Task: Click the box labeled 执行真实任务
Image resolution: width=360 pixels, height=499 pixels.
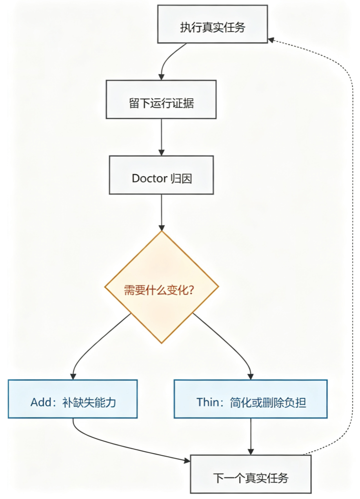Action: click(212, 24)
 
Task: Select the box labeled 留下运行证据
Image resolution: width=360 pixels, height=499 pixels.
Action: click(161, 100)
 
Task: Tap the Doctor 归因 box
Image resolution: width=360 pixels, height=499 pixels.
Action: click(161, 175)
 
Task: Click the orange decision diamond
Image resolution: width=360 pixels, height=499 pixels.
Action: click(161, 287)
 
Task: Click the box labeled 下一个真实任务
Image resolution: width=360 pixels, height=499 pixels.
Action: click(251, 474)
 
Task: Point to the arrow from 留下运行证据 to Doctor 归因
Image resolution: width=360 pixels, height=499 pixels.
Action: click(161, 137)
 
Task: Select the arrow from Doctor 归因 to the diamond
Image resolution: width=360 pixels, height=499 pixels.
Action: click(161, 213)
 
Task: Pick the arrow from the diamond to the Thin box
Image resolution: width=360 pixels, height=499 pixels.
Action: click(227, 342)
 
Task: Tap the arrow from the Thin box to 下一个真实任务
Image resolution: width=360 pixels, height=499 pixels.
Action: click(251, 437)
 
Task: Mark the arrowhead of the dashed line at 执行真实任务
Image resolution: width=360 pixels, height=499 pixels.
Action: click(271, 40)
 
